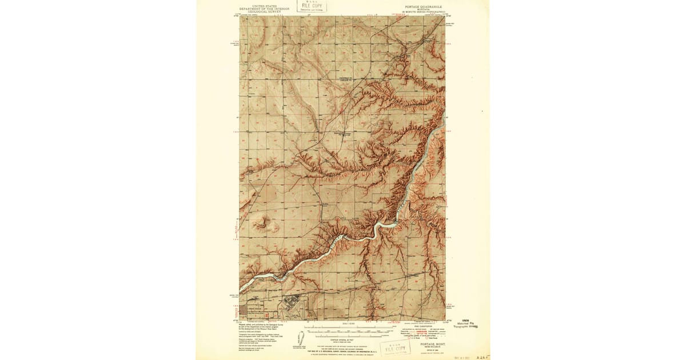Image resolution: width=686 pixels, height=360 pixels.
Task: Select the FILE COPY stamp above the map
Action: [x=312, y=6]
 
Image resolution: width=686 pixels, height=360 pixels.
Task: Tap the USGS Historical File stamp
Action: [x=467, y=324]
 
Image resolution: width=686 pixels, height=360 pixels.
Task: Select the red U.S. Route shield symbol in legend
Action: [x=407, y=338]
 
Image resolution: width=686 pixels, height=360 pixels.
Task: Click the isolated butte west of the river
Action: [x=264, y=221]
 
